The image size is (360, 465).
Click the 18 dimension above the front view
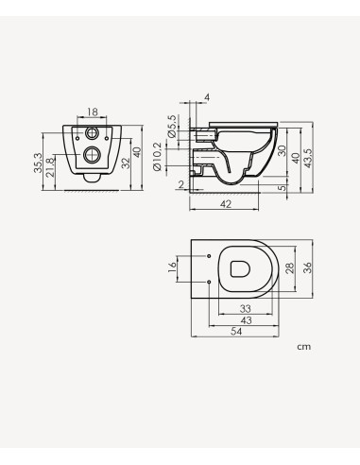91,111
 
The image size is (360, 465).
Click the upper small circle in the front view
91,130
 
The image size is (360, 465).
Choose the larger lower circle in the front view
91,154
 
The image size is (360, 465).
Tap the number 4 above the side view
208,97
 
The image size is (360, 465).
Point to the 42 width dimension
226,202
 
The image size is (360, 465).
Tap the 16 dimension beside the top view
173,268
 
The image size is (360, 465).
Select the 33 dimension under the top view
245,309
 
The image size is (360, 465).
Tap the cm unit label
303,347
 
